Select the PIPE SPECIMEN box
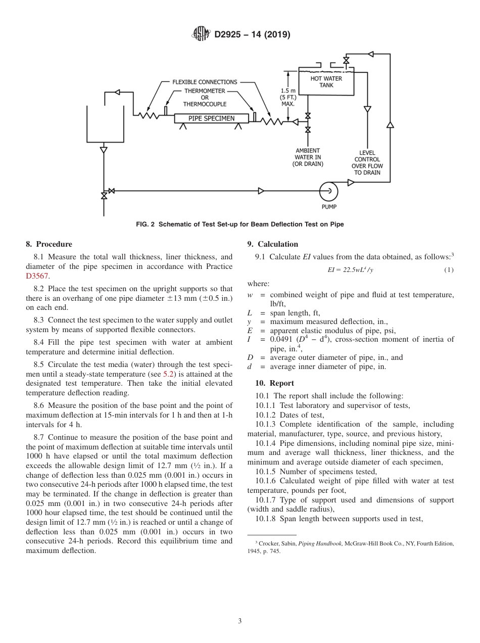pos(212,118)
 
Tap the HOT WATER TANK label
pos(326,82)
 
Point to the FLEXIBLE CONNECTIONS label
pos(205,82)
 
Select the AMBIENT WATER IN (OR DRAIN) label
pos(308,157)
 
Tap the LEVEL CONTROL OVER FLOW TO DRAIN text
pos(367,162)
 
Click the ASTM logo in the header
pos(201,34)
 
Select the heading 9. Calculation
pos(273,244)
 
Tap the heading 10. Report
pos(275,383)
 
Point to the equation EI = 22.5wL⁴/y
pos(350,270)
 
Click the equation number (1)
pos(449,270)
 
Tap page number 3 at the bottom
pos(240,621)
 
